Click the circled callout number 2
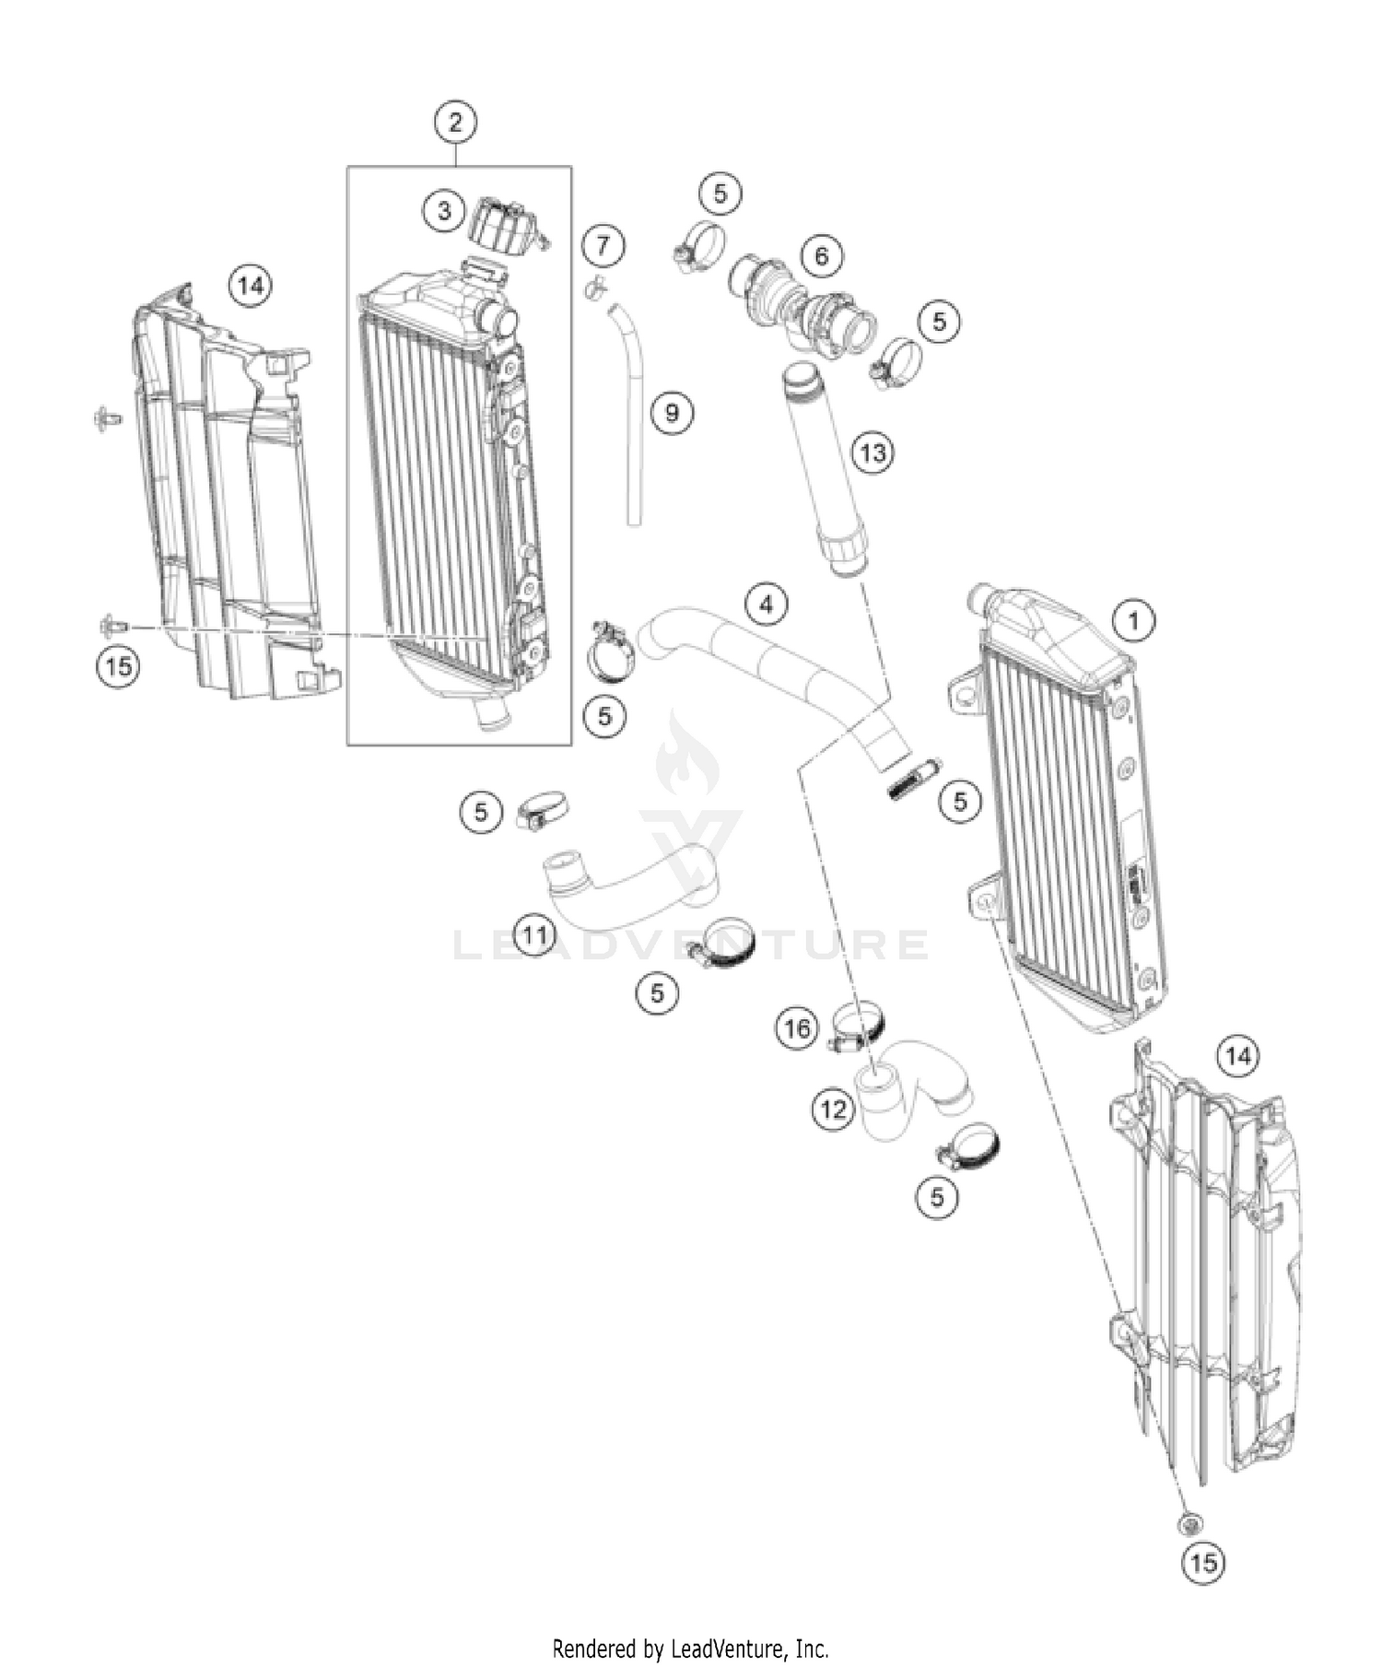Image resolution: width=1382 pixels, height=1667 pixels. tap(456, 121)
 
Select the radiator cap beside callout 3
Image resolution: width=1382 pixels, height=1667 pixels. tap(505, 227)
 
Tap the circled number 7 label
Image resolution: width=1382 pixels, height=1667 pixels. tap(603, 245)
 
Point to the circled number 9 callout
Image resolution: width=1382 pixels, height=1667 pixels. tap(671, 412)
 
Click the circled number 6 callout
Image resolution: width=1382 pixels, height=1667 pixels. tap(821, 255)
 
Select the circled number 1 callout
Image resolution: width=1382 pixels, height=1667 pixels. tap(1134, 620)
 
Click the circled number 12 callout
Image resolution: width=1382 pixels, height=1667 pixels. tap(833, 1109)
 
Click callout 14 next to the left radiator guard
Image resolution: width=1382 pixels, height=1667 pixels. tap(250, 286)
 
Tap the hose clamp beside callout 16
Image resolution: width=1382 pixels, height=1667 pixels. tap(859, 1027)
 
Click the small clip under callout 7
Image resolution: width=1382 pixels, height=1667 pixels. tap(596, 288)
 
